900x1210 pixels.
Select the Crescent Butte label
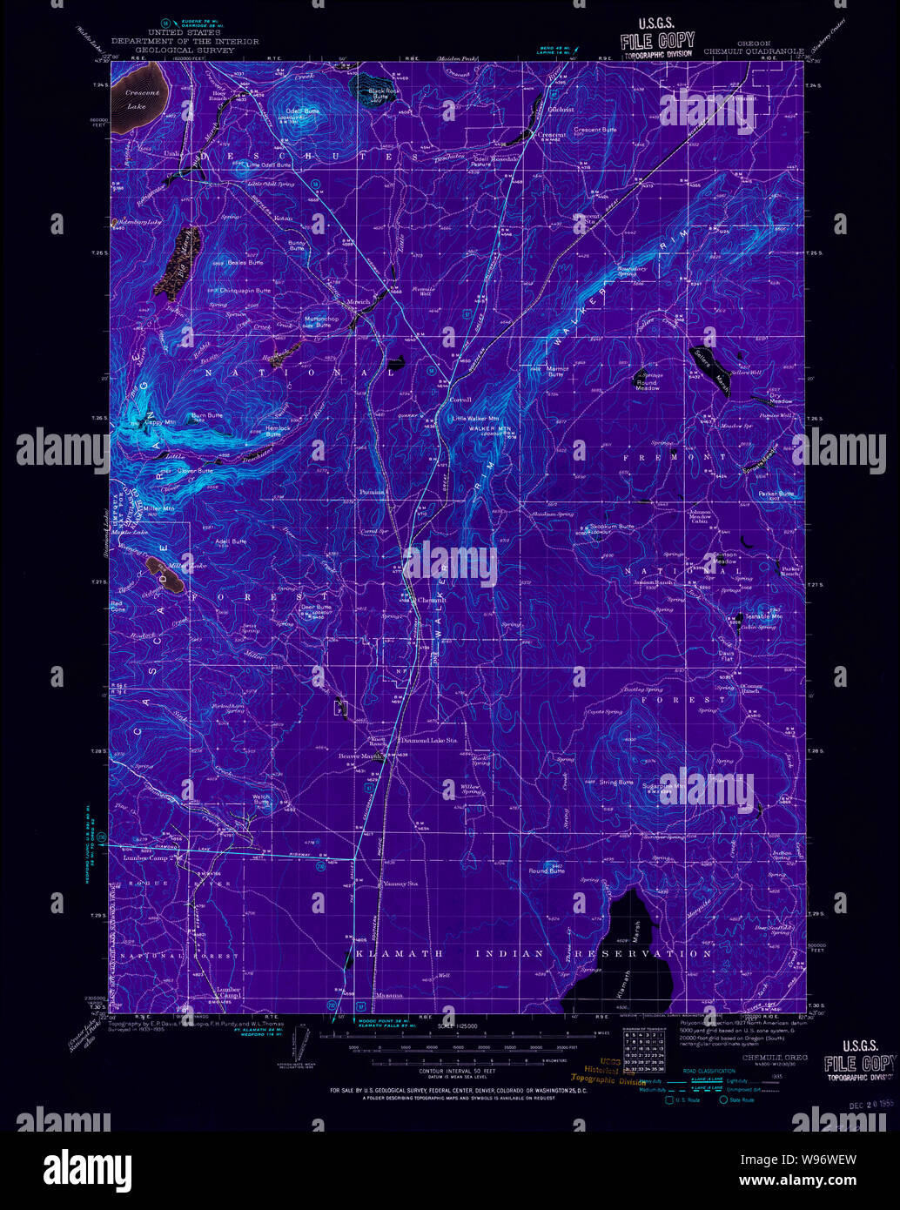(x=594, y=130)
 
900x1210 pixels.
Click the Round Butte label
(x=546, y=871)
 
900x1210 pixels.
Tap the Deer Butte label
(x=316, y=607)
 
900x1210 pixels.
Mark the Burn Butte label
(x=207, y=415)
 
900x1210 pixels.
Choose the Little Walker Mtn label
(x=476, y=419)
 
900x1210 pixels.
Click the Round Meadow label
(x=647, y=386)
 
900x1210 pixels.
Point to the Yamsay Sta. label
(x=400, y=884)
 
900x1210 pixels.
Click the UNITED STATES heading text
(x=184, y=32)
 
